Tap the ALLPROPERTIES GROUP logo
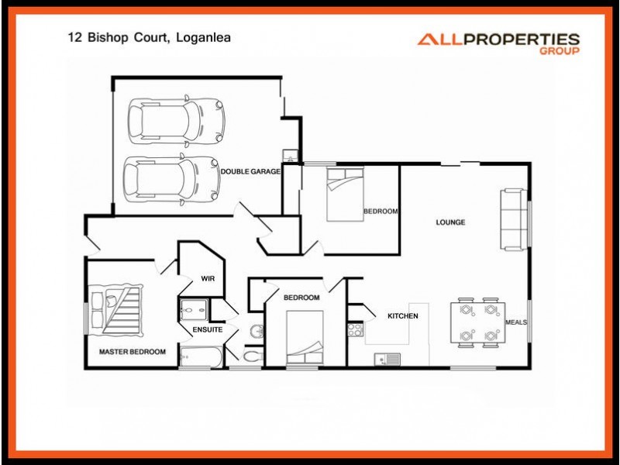tap(498, 43)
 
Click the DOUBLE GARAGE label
tap(250, 171)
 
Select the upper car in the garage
tap(176, 120)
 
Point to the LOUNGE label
tap(450, 222)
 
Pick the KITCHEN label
tap(403, 316)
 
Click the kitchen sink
tap(387, 358)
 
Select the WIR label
tap(208, 278)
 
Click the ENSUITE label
tap(208, 329)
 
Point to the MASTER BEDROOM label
tap(133, 352)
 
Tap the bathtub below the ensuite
tap(201, 356)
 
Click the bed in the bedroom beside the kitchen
tap(305, 336)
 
